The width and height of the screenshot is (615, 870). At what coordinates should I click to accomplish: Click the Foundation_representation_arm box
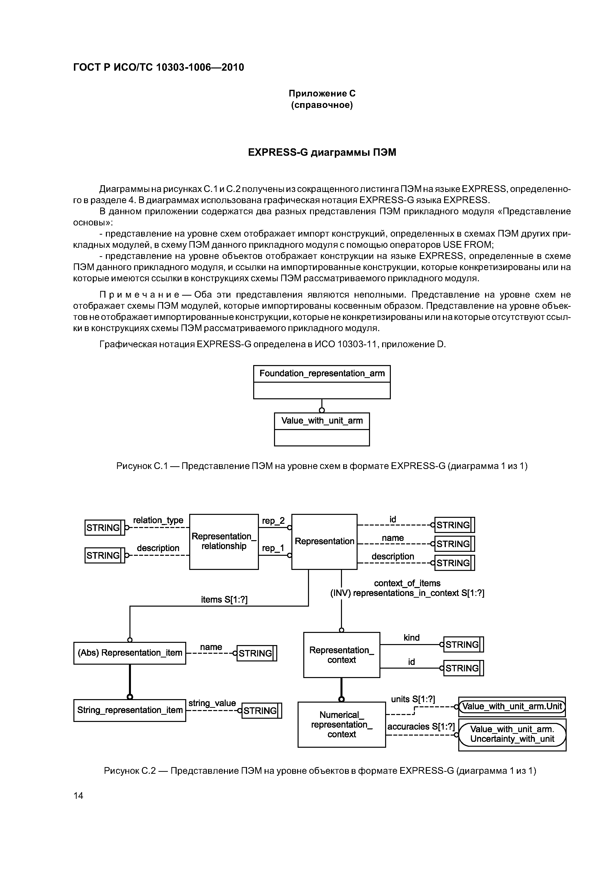coord(322,382)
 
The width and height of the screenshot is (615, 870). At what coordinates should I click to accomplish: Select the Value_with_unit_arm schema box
coord(322,429)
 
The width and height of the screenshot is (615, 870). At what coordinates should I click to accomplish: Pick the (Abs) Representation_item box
coord(130,653)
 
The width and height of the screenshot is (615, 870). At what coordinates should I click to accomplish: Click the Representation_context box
coord(341,655)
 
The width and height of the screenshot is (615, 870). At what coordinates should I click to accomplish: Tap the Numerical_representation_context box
coord(341,724)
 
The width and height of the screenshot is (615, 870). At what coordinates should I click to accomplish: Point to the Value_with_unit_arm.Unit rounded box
coord(512,706)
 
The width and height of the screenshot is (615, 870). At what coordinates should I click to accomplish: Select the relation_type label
coord(158,520)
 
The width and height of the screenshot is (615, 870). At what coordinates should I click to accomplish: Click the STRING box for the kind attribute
coord(463,645)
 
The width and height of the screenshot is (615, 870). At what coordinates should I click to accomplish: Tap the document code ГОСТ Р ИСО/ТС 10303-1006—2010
coord(158,67)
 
